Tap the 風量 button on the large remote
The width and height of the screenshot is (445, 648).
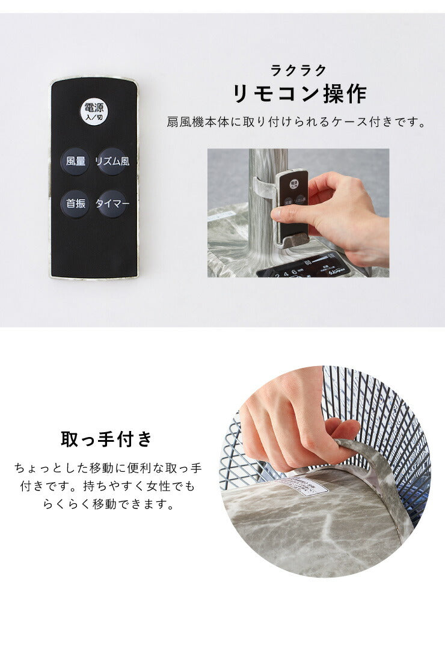pos(75,161)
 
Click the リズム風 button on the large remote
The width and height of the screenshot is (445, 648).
pos(112,161)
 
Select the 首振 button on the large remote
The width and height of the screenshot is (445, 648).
pos(75,204)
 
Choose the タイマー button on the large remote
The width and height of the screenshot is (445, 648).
pos(112,204)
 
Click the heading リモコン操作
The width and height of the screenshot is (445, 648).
pos(299,94)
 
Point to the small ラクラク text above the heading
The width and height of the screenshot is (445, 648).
pos(299,70)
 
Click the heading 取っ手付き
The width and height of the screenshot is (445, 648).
pos(106,439)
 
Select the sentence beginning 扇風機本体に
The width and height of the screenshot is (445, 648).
pos(296,123)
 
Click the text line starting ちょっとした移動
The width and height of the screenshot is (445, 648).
pos(108,467)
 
